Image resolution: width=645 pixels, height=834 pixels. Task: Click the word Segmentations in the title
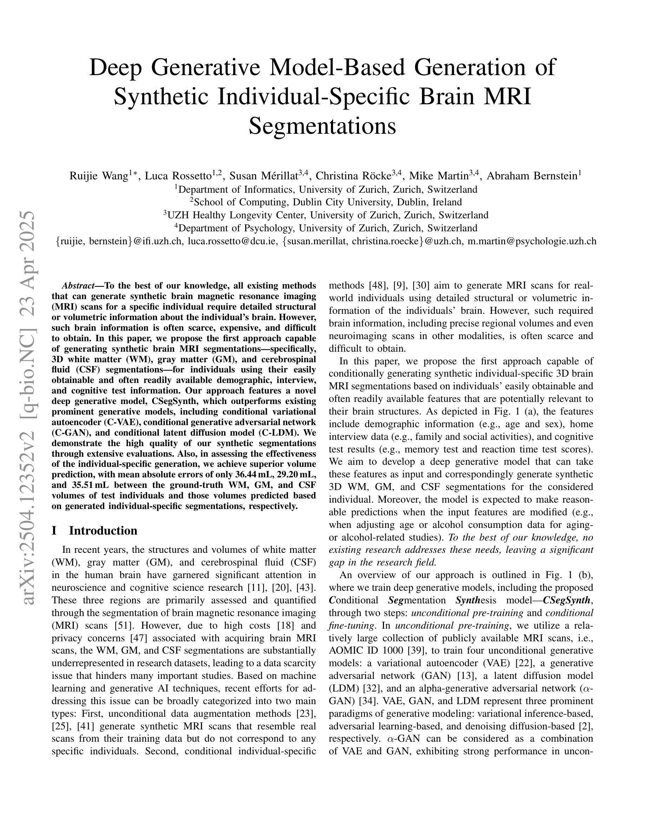[x=322, y=126]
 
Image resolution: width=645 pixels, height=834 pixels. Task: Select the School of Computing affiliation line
[x=326, y=202]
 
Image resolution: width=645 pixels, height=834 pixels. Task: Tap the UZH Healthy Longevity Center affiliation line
[x=326, y=215]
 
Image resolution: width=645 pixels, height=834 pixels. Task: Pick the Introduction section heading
[x=103, y=530]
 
